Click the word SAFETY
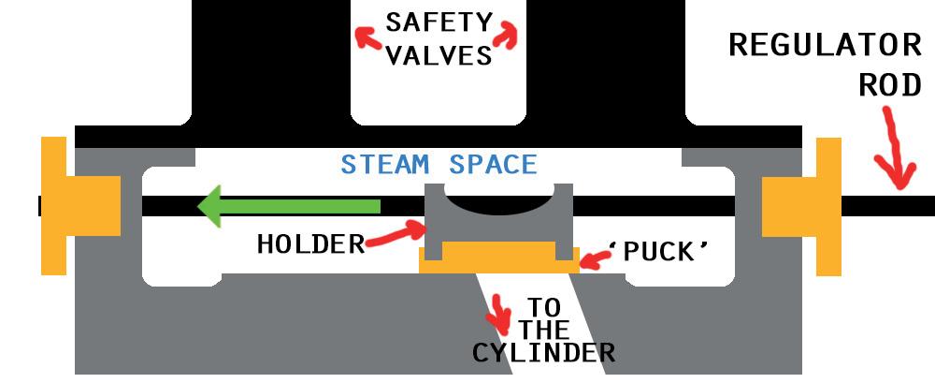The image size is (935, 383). (437, 22)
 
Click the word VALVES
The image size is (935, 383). (439, 54)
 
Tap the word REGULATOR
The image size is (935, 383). (825, 44)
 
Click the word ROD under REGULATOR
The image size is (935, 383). (890, 85)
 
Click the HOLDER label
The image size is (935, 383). (310, 245)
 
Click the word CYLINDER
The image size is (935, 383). (543, 353)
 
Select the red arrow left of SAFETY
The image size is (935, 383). (367, 35)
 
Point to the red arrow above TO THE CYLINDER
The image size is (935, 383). (502, 314)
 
